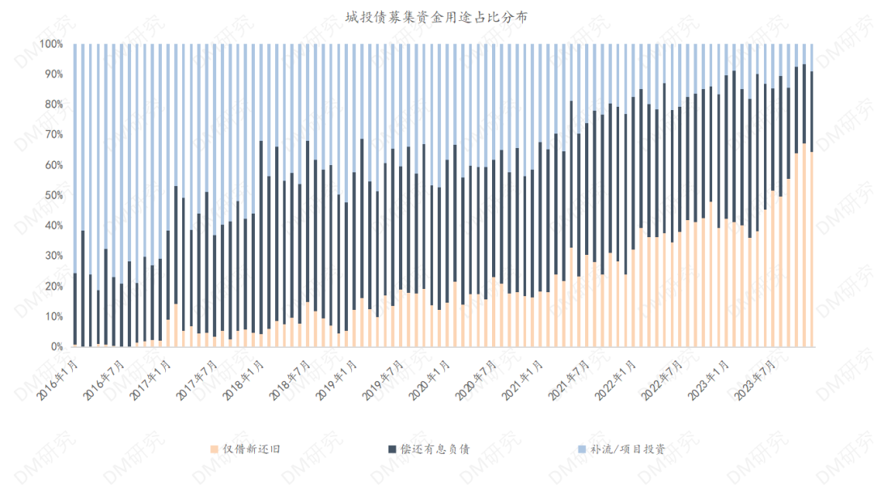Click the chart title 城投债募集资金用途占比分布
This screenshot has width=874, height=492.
coord(436,17)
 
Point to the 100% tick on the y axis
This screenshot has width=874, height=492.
coord(50,44)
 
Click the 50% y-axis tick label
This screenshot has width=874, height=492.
coord(53,195)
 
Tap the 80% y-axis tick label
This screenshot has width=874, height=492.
coord(53,104)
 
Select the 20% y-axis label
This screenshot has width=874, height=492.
coord(53,286)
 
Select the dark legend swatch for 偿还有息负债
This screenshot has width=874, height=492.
coord(392,448)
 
